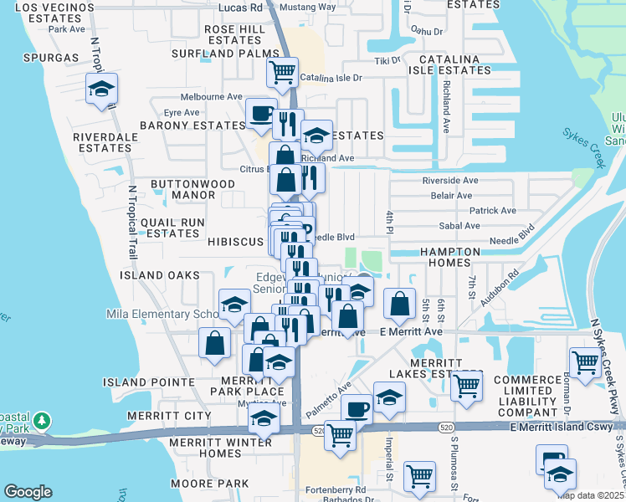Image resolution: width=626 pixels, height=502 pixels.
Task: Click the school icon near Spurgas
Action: click(101, 90)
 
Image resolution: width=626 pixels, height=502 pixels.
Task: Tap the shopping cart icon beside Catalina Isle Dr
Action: click(283, 72)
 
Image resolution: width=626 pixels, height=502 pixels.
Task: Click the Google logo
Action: click(28, 492)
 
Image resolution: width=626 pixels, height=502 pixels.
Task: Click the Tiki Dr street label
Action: click(387, 60)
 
